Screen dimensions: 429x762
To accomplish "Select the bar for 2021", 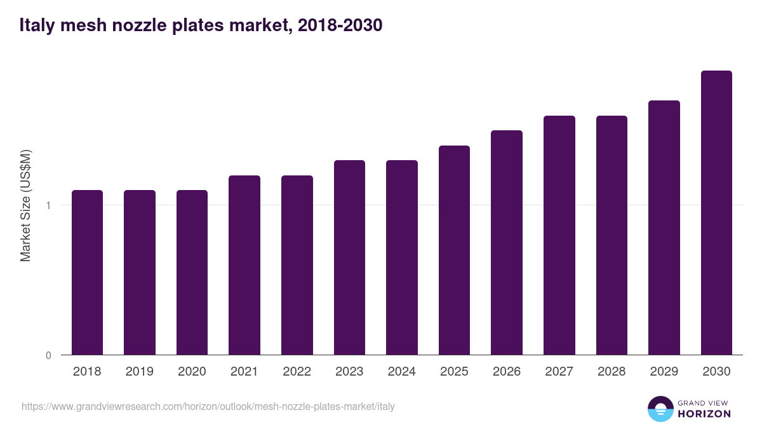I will pyautogui.click(x=244, y=265).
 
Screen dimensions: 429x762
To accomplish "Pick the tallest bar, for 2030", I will pyautogui.click(x=716, y=212).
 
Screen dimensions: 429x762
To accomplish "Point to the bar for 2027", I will pyautogui.click(x=559, y=235).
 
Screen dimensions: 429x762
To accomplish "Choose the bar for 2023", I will pyautogui.click(x=349, y=257).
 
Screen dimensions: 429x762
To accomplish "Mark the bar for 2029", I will pyautogui.click(x=664, y=228).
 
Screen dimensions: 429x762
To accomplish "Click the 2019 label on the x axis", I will pyautogui.click(x=139, y=372).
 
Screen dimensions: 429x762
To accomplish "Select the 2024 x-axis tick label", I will pyautogui.click(x=401, y=372).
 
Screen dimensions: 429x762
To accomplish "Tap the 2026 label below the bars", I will pyautogui.click(x=506, y=372).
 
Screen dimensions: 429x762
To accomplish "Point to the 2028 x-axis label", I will pyautogui.click(x=611, y=372).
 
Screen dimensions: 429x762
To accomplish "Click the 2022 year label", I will pyautogui.click(x=297, y=372).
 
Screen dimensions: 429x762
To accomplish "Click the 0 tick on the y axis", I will pyautogui.click(x=48, y=355).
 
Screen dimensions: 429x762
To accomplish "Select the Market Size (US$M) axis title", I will pyautogui.click(x=25, y=205).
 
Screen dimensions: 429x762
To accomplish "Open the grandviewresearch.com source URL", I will pyautogui.click(x=208, y=406).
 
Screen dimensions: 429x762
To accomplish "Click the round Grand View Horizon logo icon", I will pyautogui.click(x=660, y=409).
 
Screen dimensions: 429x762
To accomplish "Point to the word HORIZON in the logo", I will pyautogui.click(x=704, y=414).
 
